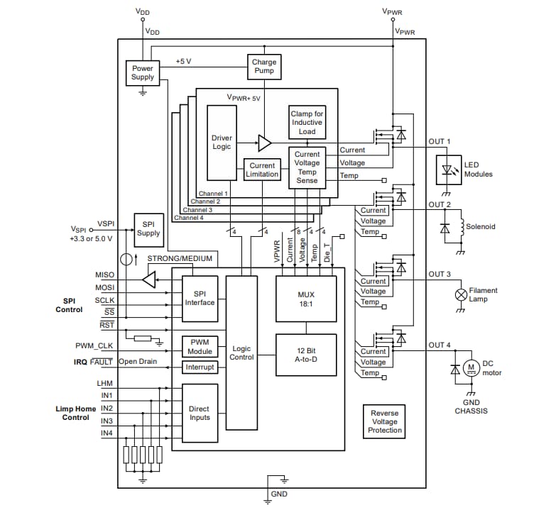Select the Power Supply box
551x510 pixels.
(x=143, y=72)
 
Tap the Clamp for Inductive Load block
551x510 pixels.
(x=307, y=122)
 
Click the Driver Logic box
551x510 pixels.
(x=222, y=143)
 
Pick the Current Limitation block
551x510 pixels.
(x=262, y=170)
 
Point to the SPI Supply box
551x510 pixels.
(x=148, y=228)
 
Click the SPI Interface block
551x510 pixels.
(x=200, y=297)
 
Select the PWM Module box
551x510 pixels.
(x=200, y=346)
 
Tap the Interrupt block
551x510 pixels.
(x=200, y=367)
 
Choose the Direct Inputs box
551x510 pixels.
(x=200, y=414)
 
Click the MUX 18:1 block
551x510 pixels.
(x=306, y=297)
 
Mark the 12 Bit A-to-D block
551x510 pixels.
(x=306, y=355)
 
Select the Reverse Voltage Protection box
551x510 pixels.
(x=385, y=421)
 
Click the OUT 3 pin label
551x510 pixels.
(x=440, y=275)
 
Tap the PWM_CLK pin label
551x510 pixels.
(x=94, y=346)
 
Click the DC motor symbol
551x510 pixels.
(x=471, y=367)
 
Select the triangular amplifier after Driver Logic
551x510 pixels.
(x=264, y=143)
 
